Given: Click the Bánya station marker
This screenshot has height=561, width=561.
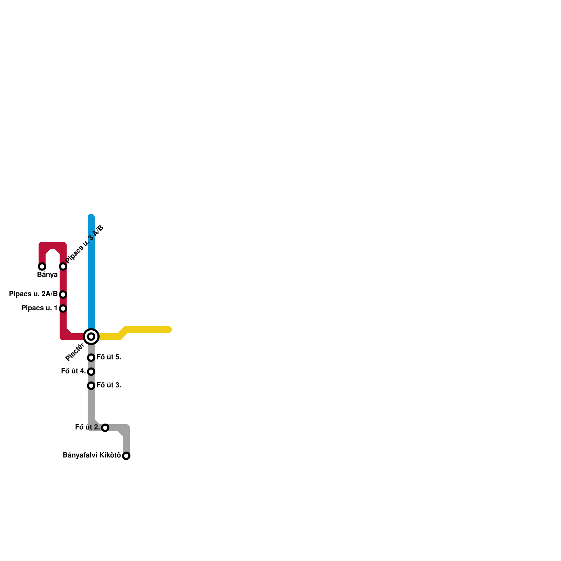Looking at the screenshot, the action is (x=42, y=266).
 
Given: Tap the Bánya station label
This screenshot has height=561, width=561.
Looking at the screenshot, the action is (x=47, y=275).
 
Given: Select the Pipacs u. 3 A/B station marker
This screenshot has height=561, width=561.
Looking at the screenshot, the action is (x=63, y=266).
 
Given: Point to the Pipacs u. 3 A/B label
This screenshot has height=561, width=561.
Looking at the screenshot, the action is (x=85, y=244).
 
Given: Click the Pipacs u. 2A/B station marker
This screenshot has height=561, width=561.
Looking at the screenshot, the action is (x=63, y=295).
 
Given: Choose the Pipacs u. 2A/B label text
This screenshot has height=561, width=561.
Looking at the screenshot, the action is (x=33, y=294).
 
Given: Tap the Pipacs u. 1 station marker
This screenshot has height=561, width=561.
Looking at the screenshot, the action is (x=63, y=309).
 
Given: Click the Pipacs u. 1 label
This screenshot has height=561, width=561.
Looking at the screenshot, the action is (x=39, y=308).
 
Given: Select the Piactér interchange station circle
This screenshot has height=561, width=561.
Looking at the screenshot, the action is (x=91, y=337).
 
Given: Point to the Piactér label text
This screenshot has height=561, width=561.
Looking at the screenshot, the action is (x=75, y=352).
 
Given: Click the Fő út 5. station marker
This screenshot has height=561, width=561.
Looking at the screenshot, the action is (x=91, y=358).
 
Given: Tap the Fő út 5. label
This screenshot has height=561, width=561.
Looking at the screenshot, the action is (x=109, y=357).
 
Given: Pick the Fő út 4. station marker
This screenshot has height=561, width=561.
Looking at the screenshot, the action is (x=91, y=372).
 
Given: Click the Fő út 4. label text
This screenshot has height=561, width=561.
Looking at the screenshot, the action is (x=73, y=371).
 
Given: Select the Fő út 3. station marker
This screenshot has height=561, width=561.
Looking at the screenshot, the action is (x=91, y=386).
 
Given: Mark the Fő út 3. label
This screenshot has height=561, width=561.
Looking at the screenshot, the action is (x=109, y=385).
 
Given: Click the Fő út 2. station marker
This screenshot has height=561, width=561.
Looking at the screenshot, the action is (x=105, y=428).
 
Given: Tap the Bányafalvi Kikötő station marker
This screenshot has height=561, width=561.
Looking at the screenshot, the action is (x=126, y=456).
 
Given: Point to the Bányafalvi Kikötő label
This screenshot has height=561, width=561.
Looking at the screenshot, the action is (x=92, y=455).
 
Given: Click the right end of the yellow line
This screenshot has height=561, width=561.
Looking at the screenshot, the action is (x=169, y=330).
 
